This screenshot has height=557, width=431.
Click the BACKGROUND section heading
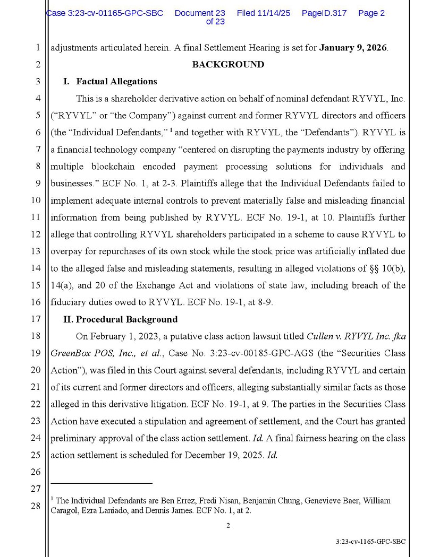[x=227, y=65]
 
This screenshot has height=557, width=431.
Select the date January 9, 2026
[x=353, y=48]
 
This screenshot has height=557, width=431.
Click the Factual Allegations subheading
[x=116, y=82]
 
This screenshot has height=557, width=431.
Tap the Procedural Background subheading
[x=126, y=319]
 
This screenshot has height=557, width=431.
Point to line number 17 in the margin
[x=36, y=319]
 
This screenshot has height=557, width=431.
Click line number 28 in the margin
[x=36, y=506]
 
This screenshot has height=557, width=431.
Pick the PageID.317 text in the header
[x=324, y=13]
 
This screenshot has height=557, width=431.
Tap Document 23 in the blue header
[x=200, y=13]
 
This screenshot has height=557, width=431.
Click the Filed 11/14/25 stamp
[x=263, y=13]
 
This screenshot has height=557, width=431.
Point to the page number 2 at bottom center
[x=228, y=526]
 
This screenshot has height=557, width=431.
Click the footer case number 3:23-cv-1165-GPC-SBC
[x=370, y=542]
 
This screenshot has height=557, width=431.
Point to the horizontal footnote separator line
[x=102, y=483]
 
